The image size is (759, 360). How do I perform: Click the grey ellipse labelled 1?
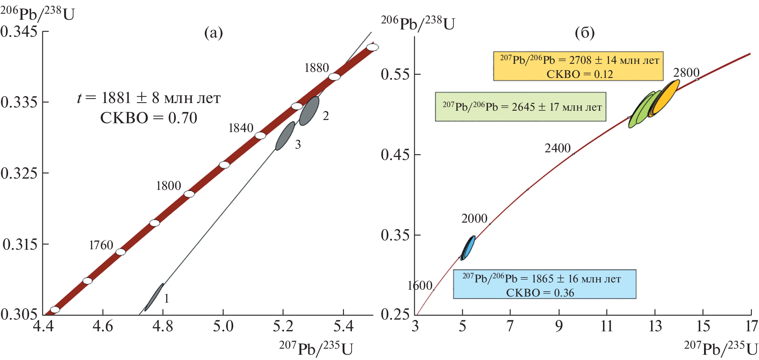coord(154,297)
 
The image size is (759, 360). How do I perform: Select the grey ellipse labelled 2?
coord(309,111)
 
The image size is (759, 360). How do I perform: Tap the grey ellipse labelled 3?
coord(285,136)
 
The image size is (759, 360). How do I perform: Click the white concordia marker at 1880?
coord(334,77)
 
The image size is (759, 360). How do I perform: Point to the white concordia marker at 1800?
coord(189,194)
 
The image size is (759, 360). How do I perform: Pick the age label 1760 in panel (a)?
coord(101,245)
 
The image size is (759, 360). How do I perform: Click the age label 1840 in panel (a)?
coord(241,128)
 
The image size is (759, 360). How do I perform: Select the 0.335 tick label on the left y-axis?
coord(19,102)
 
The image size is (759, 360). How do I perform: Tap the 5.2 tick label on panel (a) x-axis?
coord(283,326)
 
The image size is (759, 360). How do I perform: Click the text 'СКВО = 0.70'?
coord(149,118)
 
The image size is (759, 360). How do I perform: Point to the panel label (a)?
coord(213,33)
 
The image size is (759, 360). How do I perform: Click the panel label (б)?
coord(584,33)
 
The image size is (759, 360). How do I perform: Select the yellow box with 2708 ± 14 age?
coord(578,66)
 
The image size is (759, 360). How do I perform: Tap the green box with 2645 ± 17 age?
coord(521,107)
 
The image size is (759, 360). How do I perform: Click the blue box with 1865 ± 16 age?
coord(544,284)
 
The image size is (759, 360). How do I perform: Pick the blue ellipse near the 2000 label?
coord(468,248)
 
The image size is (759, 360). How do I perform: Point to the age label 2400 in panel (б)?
coord(558,148)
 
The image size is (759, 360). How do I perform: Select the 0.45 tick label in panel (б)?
coord(395,155)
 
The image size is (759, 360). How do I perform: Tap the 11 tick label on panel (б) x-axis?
coord(607,326)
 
